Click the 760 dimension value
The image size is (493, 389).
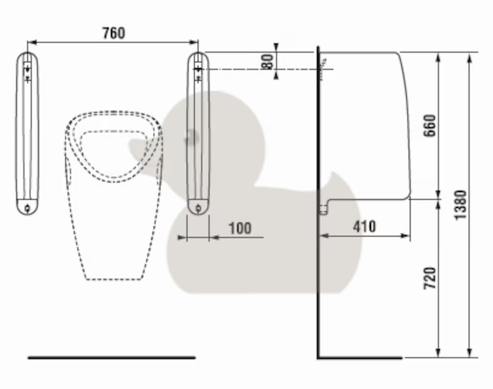(x=114, y=33)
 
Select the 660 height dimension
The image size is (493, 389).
(x=430, y=125)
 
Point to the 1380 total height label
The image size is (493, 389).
(x=460, y=205)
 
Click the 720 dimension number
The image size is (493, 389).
(x=430, y=278)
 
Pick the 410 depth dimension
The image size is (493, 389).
(x=364, y=227)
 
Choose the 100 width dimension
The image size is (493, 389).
(x=240, y=229)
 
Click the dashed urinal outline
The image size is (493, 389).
(x=114, y=195)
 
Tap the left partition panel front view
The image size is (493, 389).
(x=27, y=133)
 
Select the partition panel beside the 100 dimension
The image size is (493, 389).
(x=198, y=133)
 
